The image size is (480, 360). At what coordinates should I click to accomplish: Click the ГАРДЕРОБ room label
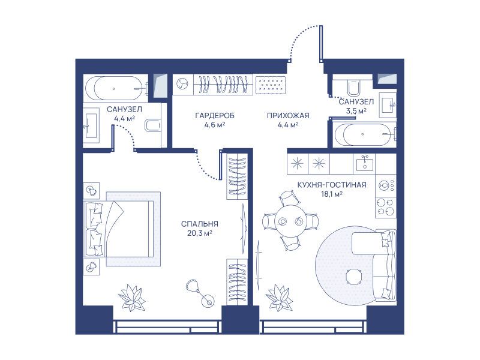coord(215,116)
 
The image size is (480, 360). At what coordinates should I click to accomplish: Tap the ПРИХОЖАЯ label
coord(288,116)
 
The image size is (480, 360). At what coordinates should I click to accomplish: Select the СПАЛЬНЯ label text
coord(200,224)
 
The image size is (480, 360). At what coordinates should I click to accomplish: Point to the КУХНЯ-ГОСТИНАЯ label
coord(332,185)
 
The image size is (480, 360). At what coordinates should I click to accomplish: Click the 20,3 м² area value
coord(200,233)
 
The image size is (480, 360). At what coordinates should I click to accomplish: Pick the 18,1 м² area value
coord(332,194)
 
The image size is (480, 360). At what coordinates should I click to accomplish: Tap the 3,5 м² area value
coord(356,110)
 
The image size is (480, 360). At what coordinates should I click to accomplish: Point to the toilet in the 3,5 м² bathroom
coord(354,86)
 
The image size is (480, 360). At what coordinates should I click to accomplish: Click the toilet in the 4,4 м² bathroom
coord(152,125)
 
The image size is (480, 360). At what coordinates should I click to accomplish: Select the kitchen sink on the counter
coord(364,163)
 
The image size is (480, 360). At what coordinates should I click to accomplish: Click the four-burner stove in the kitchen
coord(386,207)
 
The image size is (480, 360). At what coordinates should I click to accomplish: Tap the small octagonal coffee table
coord(355,277)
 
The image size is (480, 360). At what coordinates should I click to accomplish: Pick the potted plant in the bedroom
coord(132,297)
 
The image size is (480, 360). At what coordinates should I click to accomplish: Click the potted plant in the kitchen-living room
coord(279,297)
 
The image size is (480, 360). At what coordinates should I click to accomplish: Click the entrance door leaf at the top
coord(321,44)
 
